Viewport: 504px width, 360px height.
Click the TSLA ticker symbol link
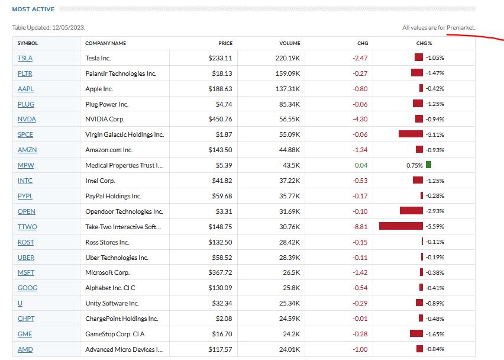[x=25, y=58]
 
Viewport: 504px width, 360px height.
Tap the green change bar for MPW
[x=428, y=165]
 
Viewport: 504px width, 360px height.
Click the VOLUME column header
[x=290, y=43]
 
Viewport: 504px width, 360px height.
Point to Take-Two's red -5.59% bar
[x=400, y=227]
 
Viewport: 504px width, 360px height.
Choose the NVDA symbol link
[x=27, y=120]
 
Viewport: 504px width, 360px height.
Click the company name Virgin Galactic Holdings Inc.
[x=124, y=135]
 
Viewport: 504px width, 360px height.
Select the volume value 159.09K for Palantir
[x=287, y=73]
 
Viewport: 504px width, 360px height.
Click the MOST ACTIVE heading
[x=33, y=9]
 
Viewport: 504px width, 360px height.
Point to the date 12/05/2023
[x=69, y=28]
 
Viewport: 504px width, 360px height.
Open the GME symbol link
[x=25, y=334]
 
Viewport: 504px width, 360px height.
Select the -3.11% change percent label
[x=435, y=135]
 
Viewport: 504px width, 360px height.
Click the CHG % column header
[x=424, y=43]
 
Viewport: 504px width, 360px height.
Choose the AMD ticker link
[x=25, y=349]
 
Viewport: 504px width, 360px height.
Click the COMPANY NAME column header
[x=105, y=43]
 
